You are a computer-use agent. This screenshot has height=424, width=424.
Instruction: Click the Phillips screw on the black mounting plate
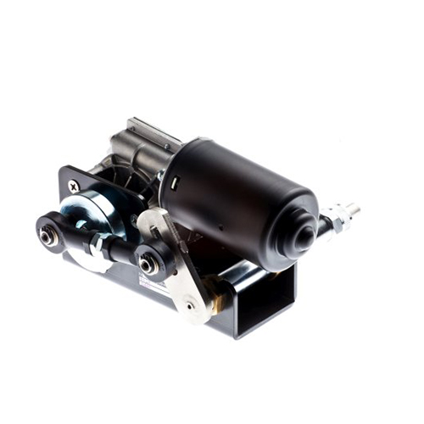coord(75,186)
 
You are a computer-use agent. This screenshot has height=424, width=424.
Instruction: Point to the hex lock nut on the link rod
coord(98,245)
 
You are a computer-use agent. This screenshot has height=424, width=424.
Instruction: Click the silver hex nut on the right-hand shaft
coord(334,219)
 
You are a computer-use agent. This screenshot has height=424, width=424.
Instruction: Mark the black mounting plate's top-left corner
coord(62,170)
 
